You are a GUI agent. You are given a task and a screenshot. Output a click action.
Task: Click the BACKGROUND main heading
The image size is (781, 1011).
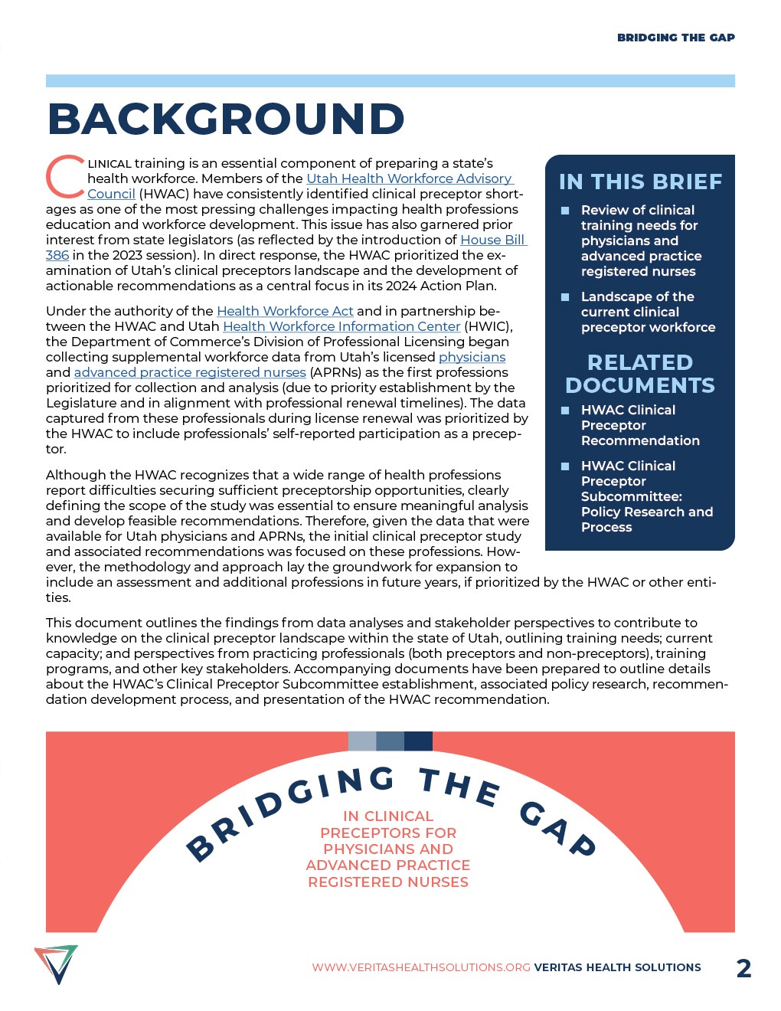[x=226, y=119]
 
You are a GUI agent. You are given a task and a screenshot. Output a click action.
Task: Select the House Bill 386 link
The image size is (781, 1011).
[x=492, y=240]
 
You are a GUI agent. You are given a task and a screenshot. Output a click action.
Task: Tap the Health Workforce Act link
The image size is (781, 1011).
[x=285, y=311]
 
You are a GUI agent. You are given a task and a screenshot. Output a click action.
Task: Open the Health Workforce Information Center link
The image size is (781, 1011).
[x=341, y=326]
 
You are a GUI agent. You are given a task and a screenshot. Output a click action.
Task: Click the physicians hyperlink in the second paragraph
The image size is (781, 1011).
[x=472, y=357]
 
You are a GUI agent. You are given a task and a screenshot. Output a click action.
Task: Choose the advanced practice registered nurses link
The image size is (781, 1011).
[x=190, y=372]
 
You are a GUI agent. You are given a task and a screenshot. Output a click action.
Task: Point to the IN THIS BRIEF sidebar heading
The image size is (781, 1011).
[x=640, y=182]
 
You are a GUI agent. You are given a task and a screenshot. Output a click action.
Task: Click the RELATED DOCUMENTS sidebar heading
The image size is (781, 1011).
[x=640, y=374]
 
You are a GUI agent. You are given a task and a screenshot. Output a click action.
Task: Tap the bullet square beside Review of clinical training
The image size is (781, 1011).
[x=565, y=210]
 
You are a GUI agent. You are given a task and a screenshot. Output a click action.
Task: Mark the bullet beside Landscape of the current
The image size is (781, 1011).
[x=565, y=296]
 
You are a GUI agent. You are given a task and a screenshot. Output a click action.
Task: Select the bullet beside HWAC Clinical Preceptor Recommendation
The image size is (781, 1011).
[x=565, y=410]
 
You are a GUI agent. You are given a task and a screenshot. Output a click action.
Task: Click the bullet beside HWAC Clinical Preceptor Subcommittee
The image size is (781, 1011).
[x=565, y=466]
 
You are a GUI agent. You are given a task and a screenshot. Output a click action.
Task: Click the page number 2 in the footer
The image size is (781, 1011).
[x=743, y=968]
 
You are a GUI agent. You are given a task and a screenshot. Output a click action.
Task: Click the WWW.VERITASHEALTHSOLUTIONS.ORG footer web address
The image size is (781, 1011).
[x=421, y=967]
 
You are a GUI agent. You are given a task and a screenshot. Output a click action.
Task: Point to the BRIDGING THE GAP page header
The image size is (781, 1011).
[x=675, y=38]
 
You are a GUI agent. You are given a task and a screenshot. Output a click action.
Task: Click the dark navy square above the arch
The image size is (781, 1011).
[x=418, y=741]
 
